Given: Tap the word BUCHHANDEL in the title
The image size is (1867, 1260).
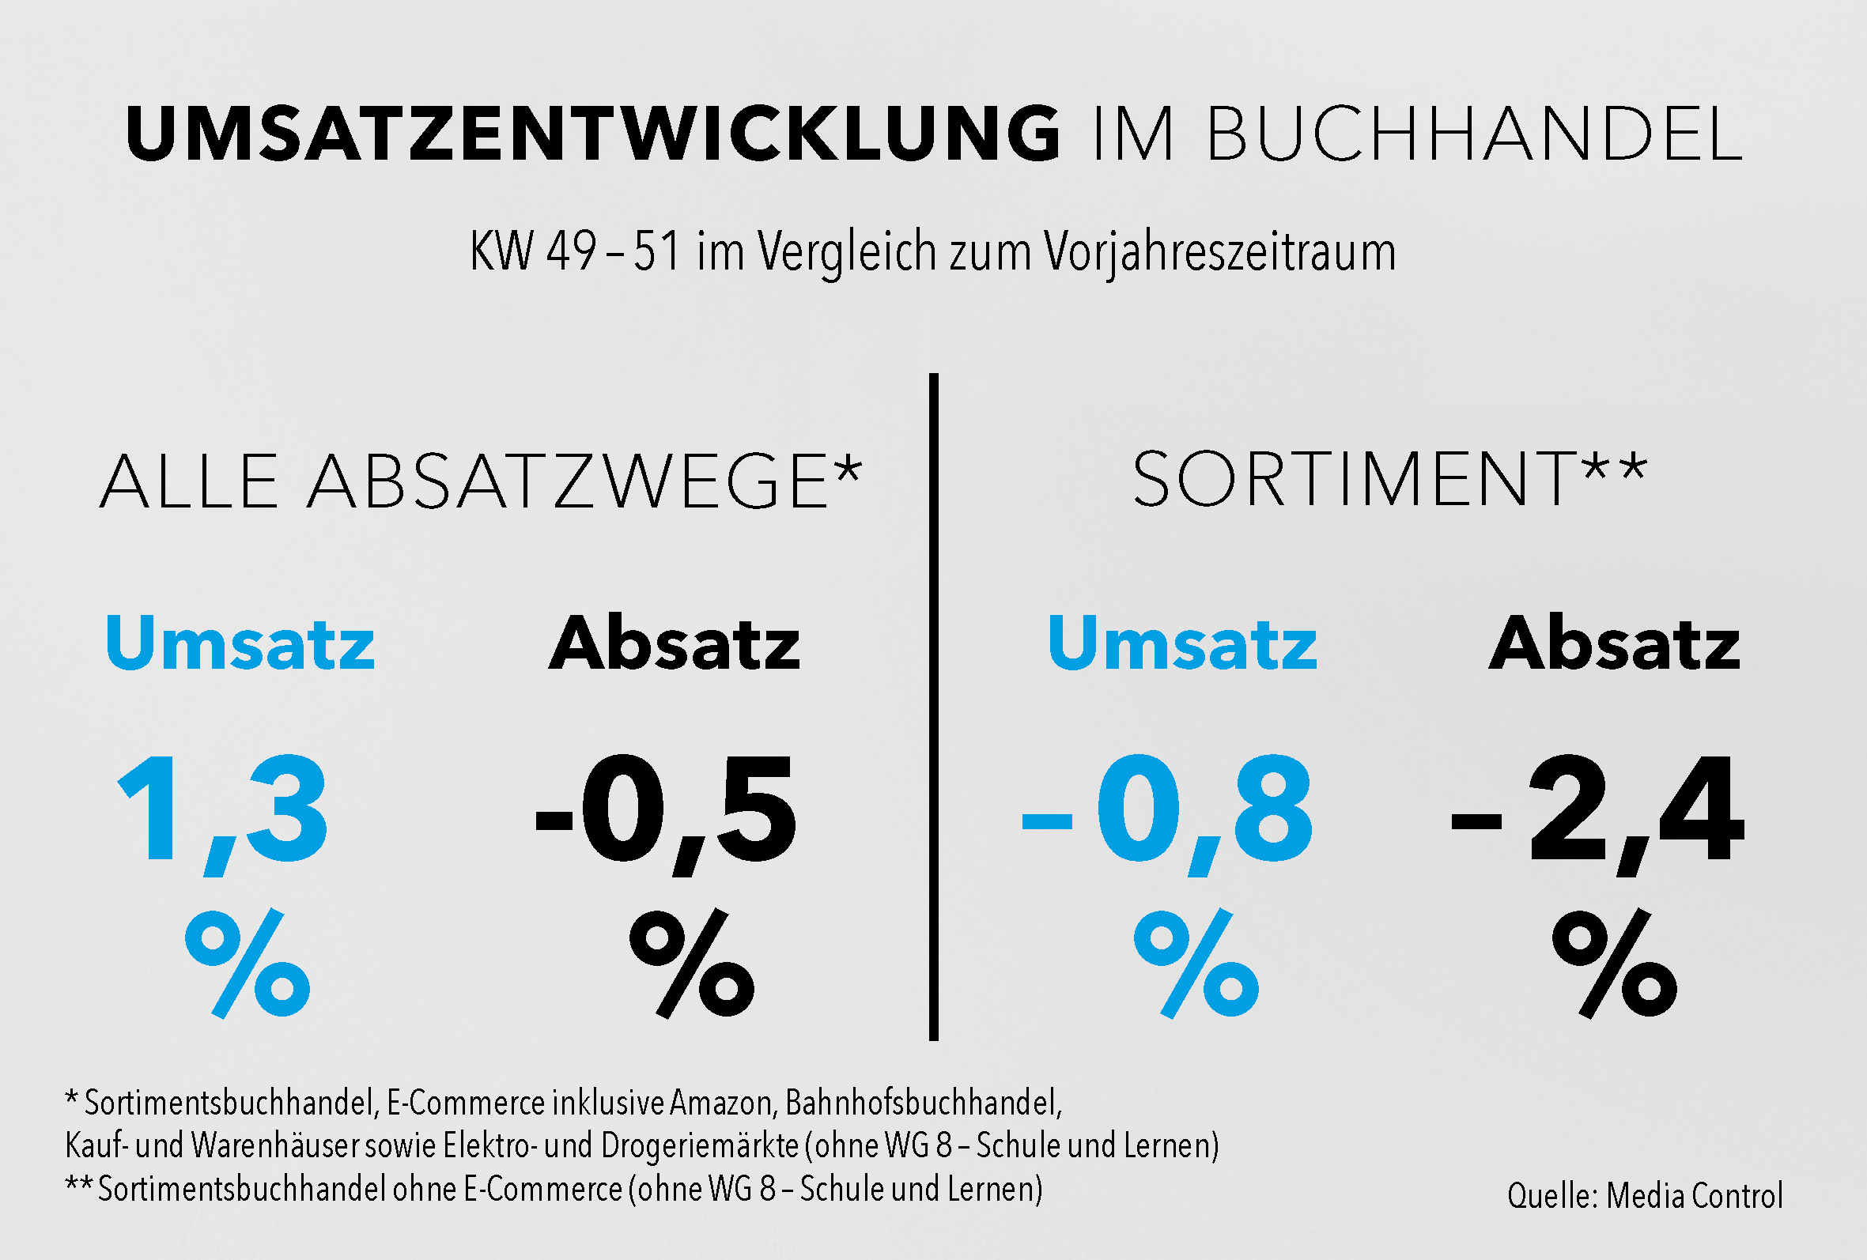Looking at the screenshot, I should pyautogui.click(x=1473, y=134).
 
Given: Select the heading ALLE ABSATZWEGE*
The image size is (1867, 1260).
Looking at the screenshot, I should pyautogui.click(x=481, y=481).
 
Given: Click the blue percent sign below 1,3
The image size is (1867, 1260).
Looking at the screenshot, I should pyautogui.click(x=248, y=964).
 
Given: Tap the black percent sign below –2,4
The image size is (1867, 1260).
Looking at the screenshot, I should pyautogui.click(x=1615, y=964).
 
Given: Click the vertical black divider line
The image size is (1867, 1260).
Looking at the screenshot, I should pyautogui.click(x=933, y=707).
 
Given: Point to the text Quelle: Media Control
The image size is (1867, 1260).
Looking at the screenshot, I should pyautogui.click(x=1645, y=1196).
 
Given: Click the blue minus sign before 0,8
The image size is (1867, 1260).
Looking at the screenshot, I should pyautogui.click(x=1047, y=821).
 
